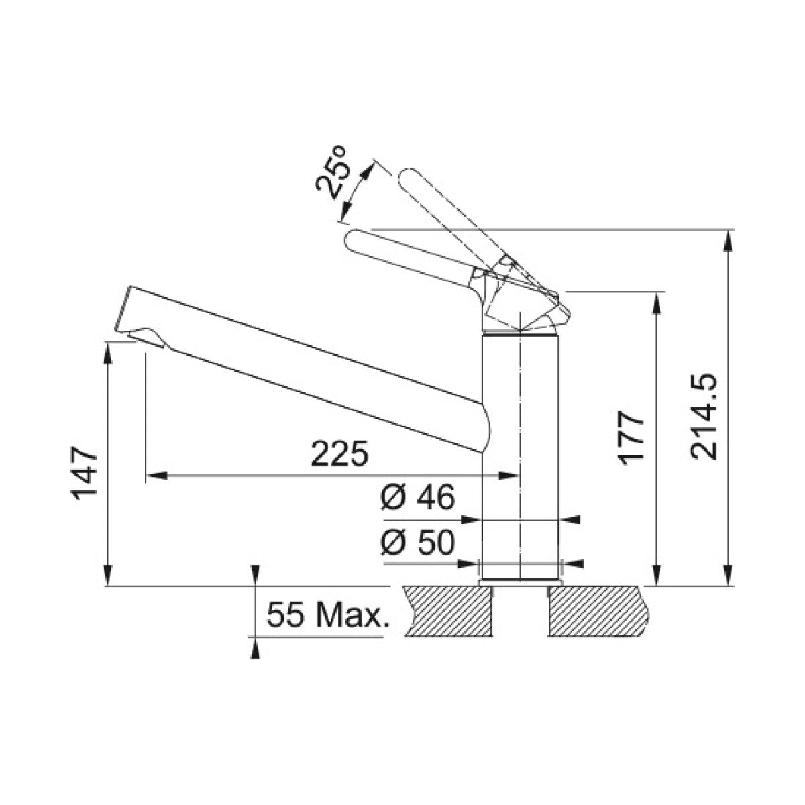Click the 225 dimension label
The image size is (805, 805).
click(x=340, y=453)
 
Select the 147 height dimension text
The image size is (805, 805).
click(x=85, y=474)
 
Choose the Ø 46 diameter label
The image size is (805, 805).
click(x=418, y=498)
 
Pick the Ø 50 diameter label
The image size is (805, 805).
click(x=418, y=543)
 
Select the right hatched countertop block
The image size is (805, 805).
click(x=599, y=610)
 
